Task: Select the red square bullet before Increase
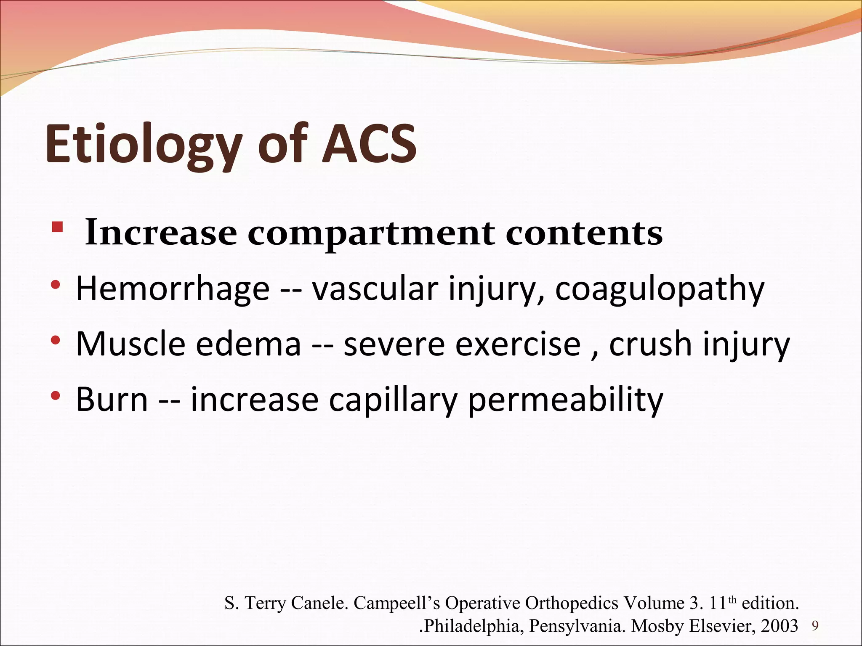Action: tap(57, 228)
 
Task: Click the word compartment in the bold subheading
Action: tap(371, 234)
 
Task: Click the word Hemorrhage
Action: tap(173, 289)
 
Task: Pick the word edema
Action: tap(248, 344)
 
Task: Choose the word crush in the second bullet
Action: tap(650, 344)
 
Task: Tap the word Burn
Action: tap(112, 399)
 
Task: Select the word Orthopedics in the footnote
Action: tap(574, 603)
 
